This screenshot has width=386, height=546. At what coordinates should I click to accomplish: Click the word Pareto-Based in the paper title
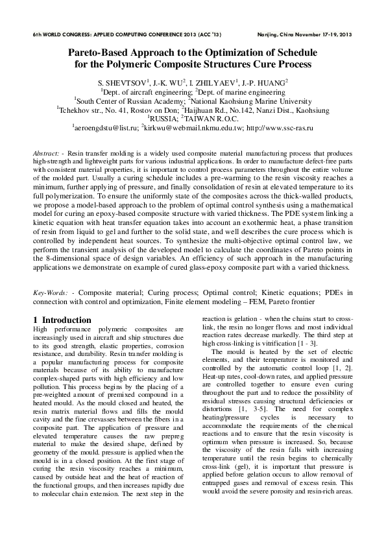click(x=102, y=54)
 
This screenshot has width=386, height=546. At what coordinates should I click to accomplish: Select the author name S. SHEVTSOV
click(x=122, y=83)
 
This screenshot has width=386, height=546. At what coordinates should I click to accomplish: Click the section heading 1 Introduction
click(x=62, y=320)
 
